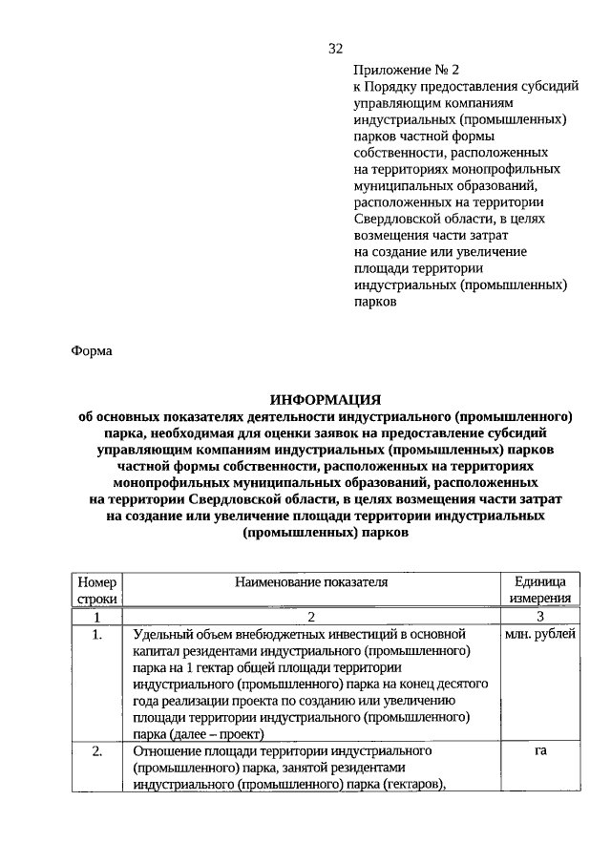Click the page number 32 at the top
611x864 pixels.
click(334, 49)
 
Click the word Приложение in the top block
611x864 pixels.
click(390, 70)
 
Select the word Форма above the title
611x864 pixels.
click(93, 350)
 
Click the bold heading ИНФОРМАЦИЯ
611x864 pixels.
click(326, 400)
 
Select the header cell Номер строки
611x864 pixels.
click(96, 589)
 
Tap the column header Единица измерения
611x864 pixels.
click(540, 589)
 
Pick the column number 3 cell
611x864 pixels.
click(540, 617)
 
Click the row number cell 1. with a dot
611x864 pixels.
click(96, 634)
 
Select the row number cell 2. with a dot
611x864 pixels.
click(96, 751)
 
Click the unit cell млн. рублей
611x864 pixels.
click(540, 634)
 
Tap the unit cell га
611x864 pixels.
click(540, 751)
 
